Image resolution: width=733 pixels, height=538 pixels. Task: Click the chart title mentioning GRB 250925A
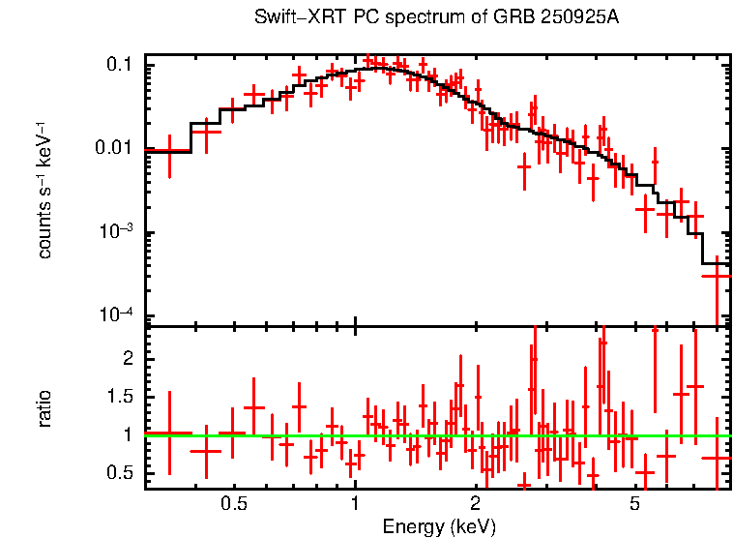[436, 18]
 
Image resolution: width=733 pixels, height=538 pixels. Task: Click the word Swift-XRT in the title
[289, 18]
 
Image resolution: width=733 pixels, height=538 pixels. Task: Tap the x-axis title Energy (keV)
[439, 526]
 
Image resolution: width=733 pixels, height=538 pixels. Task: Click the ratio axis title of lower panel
[44, 407]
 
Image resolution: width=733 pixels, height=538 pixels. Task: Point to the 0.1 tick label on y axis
[120, 64]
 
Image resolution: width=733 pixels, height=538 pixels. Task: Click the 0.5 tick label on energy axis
[234, 504]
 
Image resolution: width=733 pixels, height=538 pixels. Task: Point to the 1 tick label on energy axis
[355, 504]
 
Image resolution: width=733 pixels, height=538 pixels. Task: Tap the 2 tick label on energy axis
[475, 504]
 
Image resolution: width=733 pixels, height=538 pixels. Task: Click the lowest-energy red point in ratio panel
[169, 433]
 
